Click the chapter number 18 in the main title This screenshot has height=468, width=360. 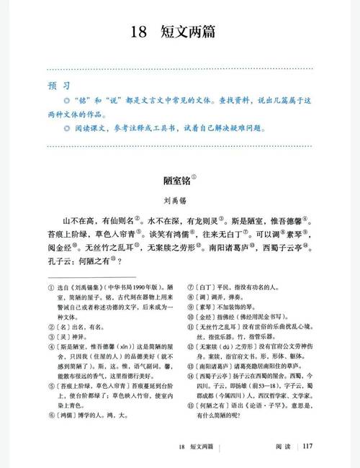click(140, 32)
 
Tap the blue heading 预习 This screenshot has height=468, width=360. click(58, 85)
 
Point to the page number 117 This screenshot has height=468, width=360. click(308, 446)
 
